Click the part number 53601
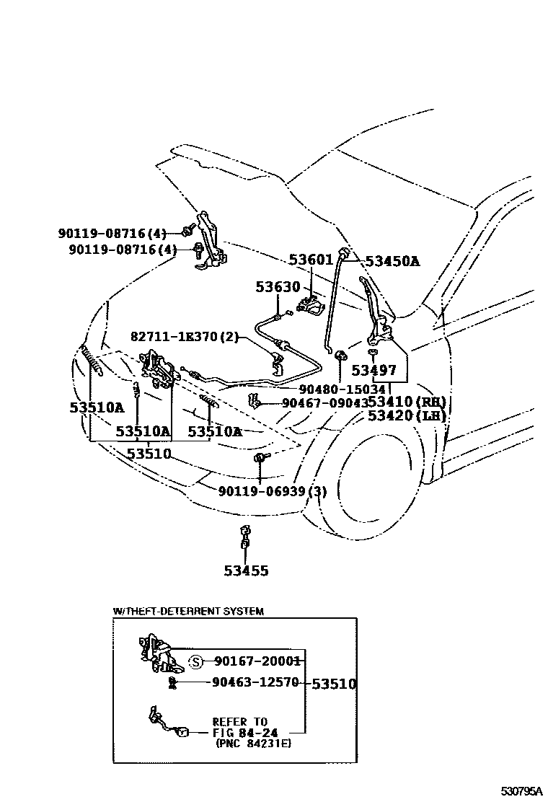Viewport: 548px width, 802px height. [x=311, y=260]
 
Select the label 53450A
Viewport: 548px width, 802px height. [x=392, y=262]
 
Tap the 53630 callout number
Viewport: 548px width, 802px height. [x=277, y=287]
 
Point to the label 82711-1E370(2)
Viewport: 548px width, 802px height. [x=184, y=337]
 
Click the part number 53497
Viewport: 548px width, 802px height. [x=374, y=371]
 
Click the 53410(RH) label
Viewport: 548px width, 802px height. [x=406, y=402]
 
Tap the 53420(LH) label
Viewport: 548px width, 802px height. [x=406, y=416]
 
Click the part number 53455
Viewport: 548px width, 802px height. [x=245, y=571]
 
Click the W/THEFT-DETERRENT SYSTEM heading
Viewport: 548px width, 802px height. [x=188, y=611]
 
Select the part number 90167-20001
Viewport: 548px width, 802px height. [x=257, y=661]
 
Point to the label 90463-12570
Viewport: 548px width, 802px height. [x=255, y=682]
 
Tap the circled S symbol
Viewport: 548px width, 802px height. [x=195, y=661]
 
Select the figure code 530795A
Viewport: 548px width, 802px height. [x=522, y=791]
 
